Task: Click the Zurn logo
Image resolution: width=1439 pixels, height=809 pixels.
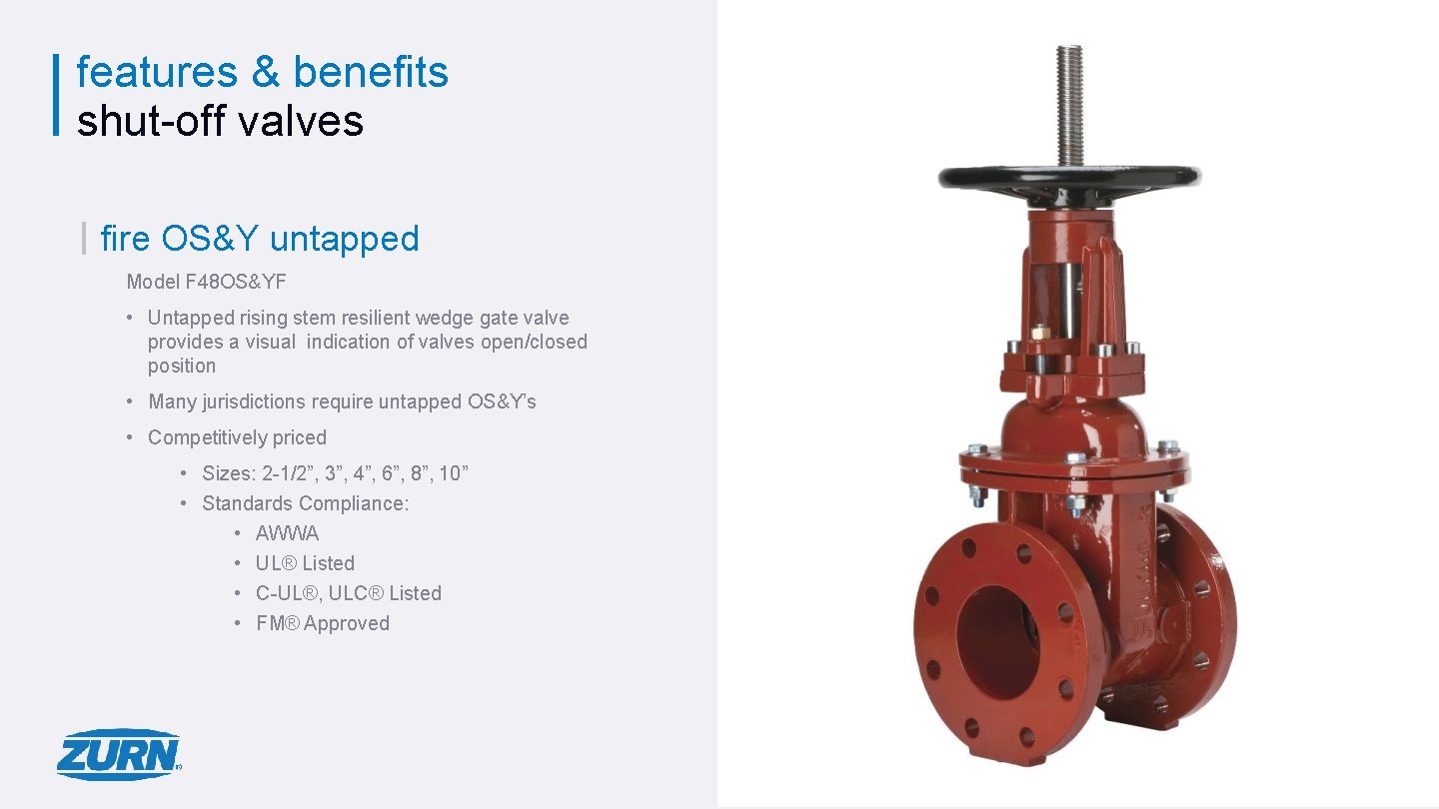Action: click(119, 754)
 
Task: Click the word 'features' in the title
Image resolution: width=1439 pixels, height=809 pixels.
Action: click(157, 72)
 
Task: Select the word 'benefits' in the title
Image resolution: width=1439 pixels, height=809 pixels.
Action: click(371, 72)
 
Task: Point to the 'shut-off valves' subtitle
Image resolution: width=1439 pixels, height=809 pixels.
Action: click(220, 120)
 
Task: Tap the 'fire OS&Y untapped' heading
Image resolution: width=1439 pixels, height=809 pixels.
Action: click(260, 238)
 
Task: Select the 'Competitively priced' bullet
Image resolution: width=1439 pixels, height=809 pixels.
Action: click(237, 437)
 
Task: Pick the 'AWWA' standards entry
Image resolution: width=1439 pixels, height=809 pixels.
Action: click(287, 533)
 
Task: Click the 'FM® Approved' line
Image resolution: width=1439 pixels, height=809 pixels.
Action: click(322, 623)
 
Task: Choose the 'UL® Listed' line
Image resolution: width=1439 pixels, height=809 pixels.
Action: click(305, 563)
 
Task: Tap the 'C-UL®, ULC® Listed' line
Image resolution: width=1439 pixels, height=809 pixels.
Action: click(348, 593)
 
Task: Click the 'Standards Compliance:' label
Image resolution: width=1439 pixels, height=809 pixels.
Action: click(305, 503)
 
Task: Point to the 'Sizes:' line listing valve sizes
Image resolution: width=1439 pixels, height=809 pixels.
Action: click(334, 473)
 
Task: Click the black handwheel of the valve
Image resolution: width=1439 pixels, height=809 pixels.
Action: click(1069, 178)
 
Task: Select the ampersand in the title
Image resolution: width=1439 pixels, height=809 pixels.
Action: click(265, 72)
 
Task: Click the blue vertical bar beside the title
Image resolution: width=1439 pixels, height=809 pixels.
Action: click(56, 94)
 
